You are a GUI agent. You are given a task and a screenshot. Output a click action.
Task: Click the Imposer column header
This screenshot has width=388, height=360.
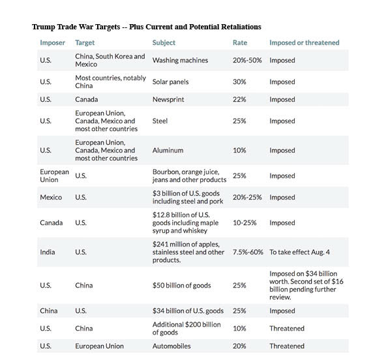[x=52, y=43]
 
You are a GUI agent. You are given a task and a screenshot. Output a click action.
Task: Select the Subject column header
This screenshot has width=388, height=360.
[x=164, y=43]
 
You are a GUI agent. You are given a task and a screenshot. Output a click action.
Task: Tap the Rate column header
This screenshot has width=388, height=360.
[x=240, y=43]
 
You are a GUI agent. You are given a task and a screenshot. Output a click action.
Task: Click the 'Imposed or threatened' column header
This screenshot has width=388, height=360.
[x=305, y=43]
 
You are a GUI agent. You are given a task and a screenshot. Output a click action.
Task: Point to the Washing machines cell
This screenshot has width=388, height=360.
[x=180, y=61]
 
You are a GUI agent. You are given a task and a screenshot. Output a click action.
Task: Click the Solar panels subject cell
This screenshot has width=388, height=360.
[x=170, y=82]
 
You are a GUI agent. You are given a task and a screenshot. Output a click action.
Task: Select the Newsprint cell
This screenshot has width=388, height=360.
[x=168, y=100]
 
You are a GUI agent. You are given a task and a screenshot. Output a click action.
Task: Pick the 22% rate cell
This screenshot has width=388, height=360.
[x=239, y=100]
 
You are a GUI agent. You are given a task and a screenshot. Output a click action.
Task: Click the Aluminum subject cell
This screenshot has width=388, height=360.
[x=168, y=151]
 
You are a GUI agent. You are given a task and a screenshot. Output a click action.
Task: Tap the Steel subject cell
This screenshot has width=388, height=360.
[x=160, y=121]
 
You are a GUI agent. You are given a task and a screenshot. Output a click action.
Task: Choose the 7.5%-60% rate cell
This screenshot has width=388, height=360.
[x=248, y=252]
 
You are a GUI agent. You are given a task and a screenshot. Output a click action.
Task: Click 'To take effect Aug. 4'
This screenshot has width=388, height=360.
[x=299, y=252]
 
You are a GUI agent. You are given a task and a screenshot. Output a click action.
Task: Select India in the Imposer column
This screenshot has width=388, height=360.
[x=48, y=252]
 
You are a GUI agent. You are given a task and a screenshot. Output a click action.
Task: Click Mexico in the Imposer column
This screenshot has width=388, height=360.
[x=51, y=198]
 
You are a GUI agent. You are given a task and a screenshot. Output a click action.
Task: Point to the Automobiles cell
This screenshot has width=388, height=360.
[x=172, y=346]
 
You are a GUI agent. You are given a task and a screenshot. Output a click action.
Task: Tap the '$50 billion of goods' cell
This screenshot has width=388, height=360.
[x=182, y=286]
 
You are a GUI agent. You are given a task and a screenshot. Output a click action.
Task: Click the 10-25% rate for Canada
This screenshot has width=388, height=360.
[x=245, y=223]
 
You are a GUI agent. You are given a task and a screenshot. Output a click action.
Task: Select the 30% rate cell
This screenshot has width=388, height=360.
[x=239, y=82]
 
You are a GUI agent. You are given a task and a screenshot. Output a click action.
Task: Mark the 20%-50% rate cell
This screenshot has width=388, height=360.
[x=247, y=61]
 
